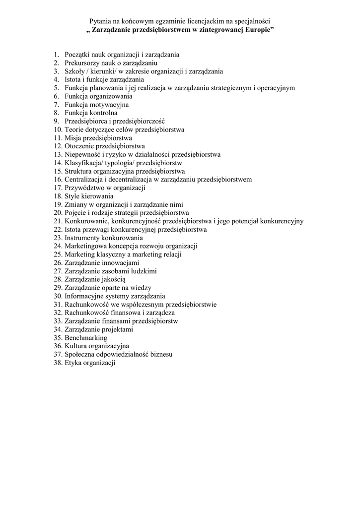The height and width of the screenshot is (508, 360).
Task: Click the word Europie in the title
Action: pyautogui.click(x=257, y=30)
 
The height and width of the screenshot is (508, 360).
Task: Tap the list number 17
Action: pyautogui.click(x=58, y=188)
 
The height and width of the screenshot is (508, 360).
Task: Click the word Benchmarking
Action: pyautogui.click(x=86, y=338)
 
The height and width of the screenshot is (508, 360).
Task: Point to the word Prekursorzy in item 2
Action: pyautogui.click(x=82, y=63)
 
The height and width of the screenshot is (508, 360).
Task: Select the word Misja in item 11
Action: pyautogui.click(x=72, y=138)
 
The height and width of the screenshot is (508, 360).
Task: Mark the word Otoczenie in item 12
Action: pyautogui.click(x=79, y=146)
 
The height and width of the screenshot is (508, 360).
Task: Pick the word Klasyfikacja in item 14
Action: pyautogui.click(x=83, y=163)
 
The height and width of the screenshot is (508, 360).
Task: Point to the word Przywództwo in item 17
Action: pyautogui.click(x=85, y=188)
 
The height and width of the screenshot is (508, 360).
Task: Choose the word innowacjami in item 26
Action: pyautogui.click(x=122, y=263)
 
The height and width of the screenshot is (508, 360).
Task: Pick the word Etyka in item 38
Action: pyautogui.click(x=73, y=363)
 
